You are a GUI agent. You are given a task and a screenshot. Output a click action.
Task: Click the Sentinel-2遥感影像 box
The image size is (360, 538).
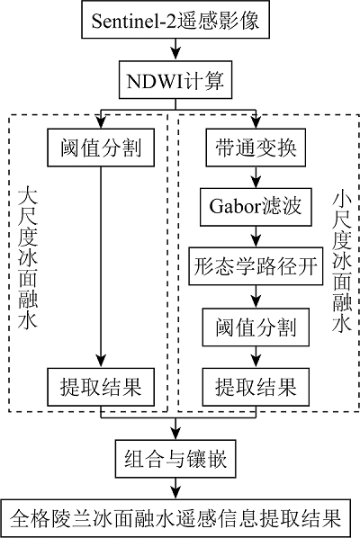coord(175,19)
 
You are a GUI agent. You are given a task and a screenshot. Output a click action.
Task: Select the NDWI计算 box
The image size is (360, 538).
coord(175,80)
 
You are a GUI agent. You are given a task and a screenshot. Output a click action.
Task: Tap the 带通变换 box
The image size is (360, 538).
coord(256,148)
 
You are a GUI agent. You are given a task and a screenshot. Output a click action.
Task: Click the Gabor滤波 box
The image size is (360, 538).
coord(256,207)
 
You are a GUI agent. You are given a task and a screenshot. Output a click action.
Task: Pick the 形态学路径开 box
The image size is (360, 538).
coord(256,266)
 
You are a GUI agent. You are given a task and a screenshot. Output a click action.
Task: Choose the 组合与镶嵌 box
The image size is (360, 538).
coord(175,459)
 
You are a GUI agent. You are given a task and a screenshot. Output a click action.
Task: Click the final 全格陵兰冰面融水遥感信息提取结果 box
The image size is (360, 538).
coord(175,518)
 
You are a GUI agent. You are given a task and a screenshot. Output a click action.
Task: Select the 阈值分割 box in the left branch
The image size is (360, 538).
coord(101,148)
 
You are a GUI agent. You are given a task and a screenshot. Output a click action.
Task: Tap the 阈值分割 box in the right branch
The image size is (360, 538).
coord(256,327)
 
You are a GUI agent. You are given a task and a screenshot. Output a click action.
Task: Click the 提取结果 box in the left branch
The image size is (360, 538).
coord(101,387)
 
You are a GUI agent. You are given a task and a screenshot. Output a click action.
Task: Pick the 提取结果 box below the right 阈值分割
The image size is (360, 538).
coord(256,387)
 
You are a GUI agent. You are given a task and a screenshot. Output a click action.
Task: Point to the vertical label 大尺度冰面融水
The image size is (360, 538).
coord(28,258)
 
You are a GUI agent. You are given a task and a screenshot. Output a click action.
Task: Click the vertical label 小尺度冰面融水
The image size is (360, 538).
coord(342,262)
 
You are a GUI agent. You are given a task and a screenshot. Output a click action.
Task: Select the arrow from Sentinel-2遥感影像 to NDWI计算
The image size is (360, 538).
coord(175,49)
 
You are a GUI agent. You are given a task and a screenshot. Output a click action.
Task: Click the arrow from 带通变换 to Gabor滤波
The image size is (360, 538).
coord(256,177)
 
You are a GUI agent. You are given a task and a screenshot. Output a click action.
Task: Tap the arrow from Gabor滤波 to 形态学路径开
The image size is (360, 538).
coord(256,237)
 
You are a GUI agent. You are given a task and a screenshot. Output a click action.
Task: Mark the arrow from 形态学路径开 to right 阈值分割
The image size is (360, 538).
coord(256,297)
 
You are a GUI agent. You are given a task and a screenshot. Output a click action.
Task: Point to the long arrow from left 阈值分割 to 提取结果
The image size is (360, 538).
coord(101,267)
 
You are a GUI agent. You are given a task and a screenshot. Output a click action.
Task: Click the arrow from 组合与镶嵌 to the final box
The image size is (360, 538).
coord(175,489)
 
